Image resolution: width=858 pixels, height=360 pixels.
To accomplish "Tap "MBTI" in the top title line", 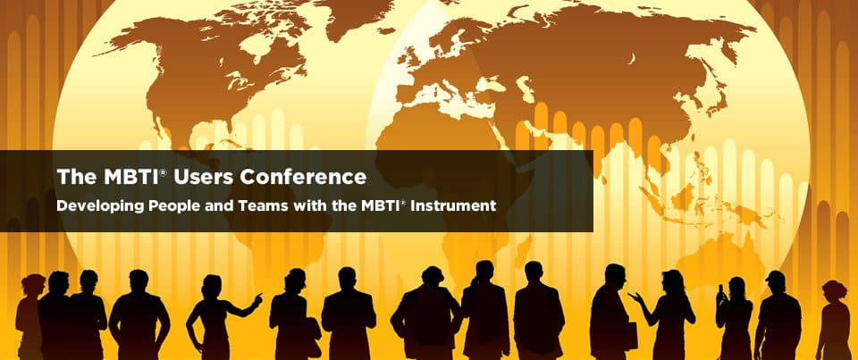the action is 129,177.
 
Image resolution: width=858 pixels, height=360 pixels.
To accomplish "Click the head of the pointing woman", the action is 211,286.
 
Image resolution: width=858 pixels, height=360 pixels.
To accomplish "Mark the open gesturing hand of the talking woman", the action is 633,297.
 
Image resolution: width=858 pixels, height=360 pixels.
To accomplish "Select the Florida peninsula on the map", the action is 236,130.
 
